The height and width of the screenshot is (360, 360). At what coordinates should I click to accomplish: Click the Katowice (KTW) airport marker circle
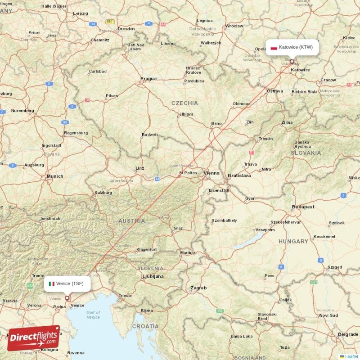pyautogui.click(x=292, y=62)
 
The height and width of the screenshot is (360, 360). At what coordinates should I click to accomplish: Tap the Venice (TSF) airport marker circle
pyautogui.click(x=67, y=297)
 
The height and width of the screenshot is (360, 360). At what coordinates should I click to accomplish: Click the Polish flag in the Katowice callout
pyautogui.click(x=274, y=47)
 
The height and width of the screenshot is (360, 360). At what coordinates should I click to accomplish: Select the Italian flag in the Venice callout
pyautogui.click(x=52, y=283)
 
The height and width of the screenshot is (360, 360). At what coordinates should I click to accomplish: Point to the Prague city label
pyautogui.click(x=148, y=79)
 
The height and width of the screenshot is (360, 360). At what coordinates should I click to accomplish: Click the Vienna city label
pyautogui.click(x=211, y=173)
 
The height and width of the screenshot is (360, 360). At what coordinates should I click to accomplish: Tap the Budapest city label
pyautogui.click(x=303, y=207)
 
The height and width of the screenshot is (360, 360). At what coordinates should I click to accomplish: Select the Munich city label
pyautogui.click(x=55, y=176)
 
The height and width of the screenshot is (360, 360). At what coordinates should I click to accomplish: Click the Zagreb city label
pyautogui.click(x=198, y=288)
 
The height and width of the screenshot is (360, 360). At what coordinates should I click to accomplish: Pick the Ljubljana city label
pyautogui.click(x=153, y=276)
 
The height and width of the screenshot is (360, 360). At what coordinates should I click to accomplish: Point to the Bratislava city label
pyautogui.click(x=239, y=175)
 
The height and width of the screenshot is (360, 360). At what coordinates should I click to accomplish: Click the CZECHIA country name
pyautogui.click(x=184, y=103)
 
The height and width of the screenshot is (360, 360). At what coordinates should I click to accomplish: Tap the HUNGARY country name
pyautogui.click(x=293, y=242)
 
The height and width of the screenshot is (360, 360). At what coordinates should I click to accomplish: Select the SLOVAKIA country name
pyautogui.click(x=306, y=153)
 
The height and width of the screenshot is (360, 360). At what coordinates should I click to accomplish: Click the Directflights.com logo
pyautogui.click(x=34, y=338)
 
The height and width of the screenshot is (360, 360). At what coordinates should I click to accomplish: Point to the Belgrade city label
pyautogui.click(x=349, y=334)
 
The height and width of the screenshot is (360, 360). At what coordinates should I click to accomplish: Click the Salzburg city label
pyautogui.click(x=103, y=193)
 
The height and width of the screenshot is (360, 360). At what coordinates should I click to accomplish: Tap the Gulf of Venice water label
pyautogui.click(x=93, y=315)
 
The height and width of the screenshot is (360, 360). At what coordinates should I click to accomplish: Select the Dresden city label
pyautogui.click(x=126, y=29)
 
